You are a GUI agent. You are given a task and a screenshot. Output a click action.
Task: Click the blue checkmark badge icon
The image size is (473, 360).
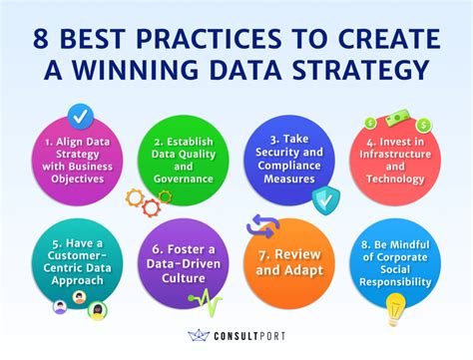(79, 115)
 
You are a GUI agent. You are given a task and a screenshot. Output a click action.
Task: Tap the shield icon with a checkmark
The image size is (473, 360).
(324, 199)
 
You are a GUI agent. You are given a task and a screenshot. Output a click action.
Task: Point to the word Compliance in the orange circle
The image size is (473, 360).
(294, 167)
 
